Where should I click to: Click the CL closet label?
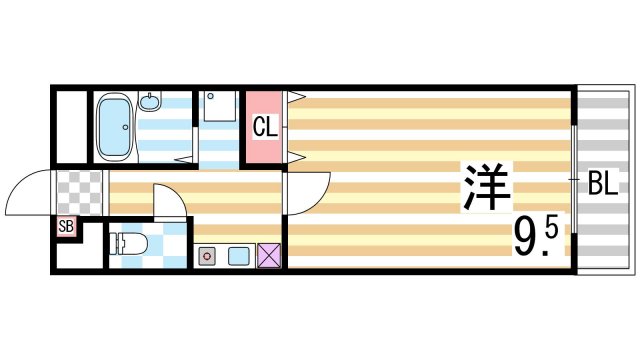[264, 126]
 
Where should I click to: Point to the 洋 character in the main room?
[486, 186]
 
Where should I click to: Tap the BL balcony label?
[602, 184]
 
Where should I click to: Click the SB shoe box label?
[66, 226]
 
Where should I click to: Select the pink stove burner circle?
[208, 255]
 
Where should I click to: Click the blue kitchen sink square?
[238, 255]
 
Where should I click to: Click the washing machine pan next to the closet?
[220, 108]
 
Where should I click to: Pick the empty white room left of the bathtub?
[70, 127]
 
